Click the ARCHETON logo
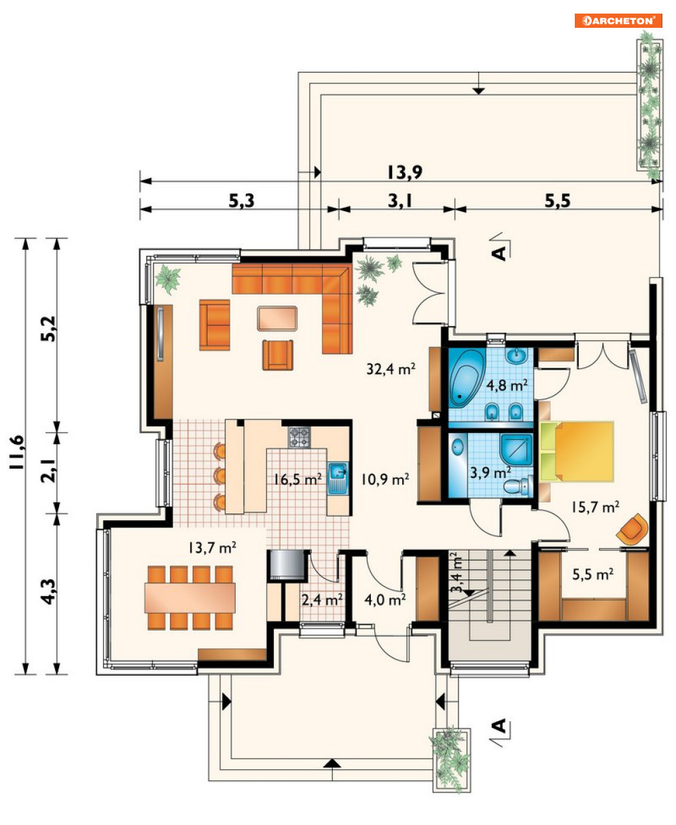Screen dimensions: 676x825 click(x=618, y=20)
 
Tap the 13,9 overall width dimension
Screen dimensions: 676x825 click(x=405, y=172)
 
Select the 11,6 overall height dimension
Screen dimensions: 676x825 click(x=18, y=452)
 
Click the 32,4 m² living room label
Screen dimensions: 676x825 click(x=391, y=369)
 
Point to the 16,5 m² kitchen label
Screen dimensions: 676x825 click(x=298, y=479)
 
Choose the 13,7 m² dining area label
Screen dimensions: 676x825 click(x=212, y=547)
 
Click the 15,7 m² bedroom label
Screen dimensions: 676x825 click(x=595, y=507)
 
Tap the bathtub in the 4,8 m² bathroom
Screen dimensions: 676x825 click(x=467, y=378)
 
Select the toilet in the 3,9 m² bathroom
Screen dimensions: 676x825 click(x=518, y=487)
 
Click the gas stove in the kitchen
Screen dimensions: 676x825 click(x=300, y=437)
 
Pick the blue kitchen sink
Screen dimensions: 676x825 click(x=338, y=478)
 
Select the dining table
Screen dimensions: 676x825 click(x=190, y=598)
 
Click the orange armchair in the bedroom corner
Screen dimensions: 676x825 click(x=632, y=529)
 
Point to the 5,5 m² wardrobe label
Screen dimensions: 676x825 click(x=592, y=574)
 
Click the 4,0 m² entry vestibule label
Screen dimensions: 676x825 click(x=385, y=600)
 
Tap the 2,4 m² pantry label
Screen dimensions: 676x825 click(x=322, y=600)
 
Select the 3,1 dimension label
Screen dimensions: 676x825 click(x=399, y=201)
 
